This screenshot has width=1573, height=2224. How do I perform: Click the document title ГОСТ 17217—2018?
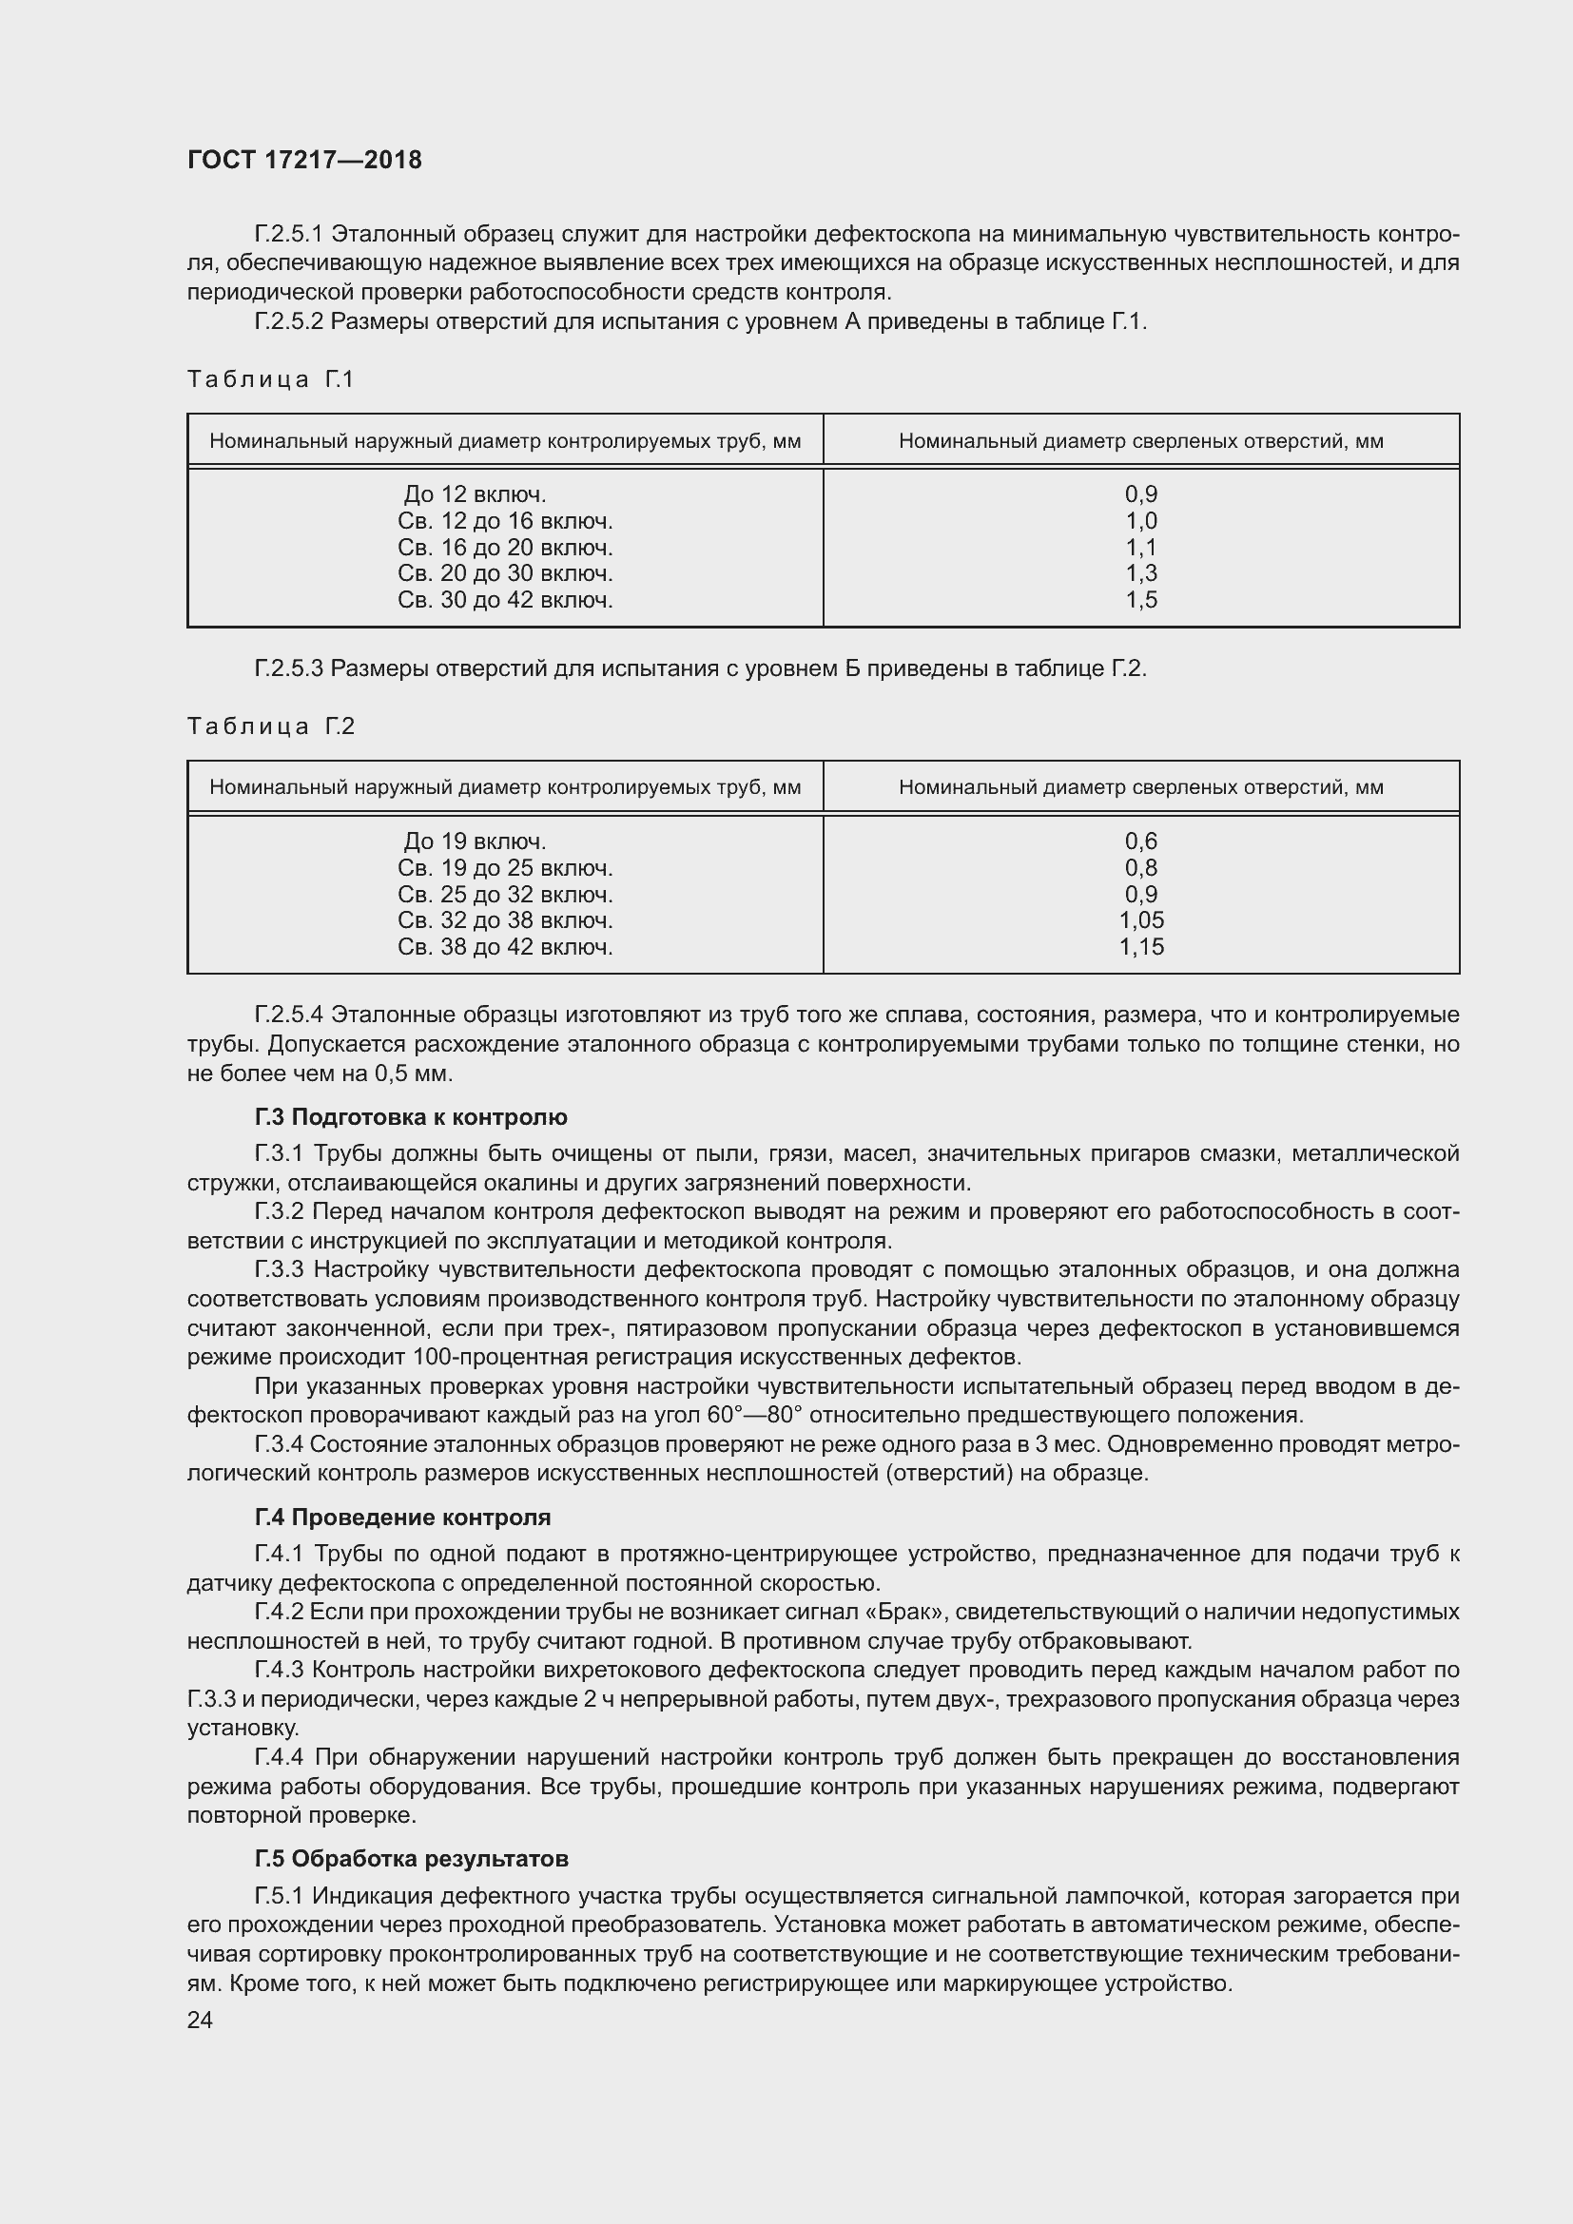(x=304, y=160)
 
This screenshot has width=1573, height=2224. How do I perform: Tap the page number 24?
(x=200, y=2019)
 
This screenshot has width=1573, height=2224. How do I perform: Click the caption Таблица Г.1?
(x=271, y=379)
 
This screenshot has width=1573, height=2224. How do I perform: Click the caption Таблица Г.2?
(x=271, y=726)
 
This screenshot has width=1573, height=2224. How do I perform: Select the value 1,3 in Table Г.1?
(x=1141, y=573)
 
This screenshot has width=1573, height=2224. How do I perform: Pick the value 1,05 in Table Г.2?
(x=1141, y=920)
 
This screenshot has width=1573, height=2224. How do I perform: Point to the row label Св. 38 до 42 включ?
(x=505, y=946)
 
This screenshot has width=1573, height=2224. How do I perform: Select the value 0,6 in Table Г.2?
(x=1141, y=841)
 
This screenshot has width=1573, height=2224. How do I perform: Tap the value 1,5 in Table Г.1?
(x=1141, y=600)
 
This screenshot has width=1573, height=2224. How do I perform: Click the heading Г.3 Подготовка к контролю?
(x=411, y=1117)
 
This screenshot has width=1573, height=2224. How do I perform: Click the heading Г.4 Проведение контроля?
(x=402, y=1517)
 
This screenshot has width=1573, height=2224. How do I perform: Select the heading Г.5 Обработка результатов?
(x=411, y=1858)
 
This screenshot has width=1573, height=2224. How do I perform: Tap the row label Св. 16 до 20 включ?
(x=505, y=548)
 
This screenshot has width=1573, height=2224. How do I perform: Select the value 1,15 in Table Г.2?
(x=1141, y=946)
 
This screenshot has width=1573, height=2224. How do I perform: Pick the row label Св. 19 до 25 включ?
(x=505, y=868)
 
